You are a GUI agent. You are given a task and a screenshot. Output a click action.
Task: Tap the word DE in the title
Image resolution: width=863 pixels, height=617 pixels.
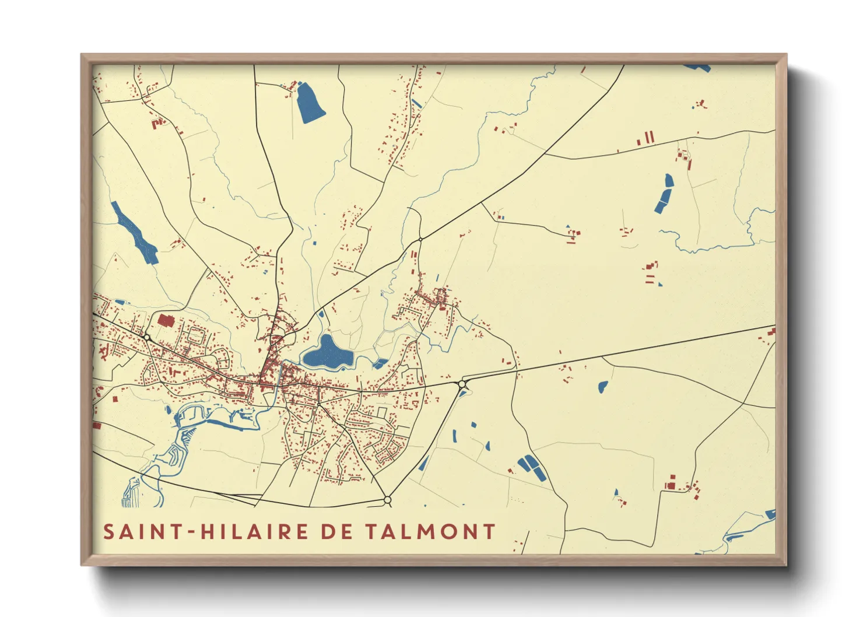point(336,532)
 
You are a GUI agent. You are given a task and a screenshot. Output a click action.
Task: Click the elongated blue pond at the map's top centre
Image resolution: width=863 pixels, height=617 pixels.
point(310,103)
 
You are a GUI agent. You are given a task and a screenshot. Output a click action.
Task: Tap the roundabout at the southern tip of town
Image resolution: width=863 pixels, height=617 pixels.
point(387,500)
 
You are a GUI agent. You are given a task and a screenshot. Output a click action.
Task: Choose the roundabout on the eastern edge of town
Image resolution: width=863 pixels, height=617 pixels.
point(463,384)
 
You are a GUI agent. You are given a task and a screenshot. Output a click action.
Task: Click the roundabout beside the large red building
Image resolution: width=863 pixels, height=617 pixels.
point(147,338)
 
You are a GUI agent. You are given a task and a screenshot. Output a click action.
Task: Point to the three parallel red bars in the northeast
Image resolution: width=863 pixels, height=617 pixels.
point(646,139)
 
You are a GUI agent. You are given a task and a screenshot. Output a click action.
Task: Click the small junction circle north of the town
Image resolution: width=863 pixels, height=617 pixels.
point(420,239)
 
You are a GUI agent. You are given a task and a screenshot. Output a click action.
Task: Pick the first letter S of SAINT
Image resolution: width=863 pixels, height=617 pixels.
point(108,532)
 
